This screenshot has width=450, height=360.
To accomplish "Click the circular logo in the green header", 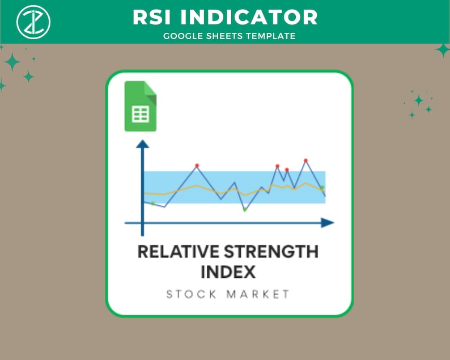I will pyautogui.click(x=33, y=21).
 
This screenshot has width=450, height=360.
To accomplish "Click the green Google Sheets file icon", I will pyautogui.click(x=140, y=107).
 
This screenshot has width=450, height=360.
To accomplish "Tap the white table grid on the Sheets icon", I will pyautogui.click(x=140, y=114).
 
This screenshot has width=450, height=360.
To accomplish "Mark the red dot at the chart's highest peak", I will pyautogui.click(x=305, y=160).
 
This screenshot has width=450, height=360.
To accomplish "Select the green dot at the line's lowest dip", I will pyautogui.click(x=244, y=210).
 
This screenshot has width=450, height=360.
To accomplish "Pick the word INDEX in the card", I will pyautogui.click(x=228, y=272).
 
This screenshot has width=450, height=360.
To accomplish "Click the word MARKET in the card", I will pyautogui.click(x=258, y=294).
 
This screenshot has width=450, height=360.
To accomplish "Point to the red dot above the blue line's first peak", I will pyautogui.click(x=197, y=165).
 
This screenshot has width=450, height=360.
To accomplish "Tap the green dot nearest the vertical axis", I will pyautogui.click(x=152, y=203).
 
